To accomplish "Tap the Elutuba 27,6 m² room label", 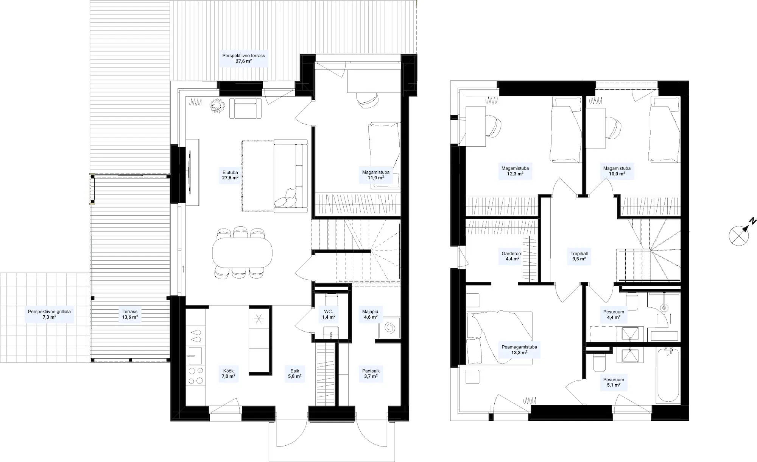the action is (x=230, y=175).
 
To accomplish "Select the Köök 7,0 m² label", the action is (x=228, y=374).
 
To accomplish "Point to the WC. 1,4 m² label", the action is (x=329, y=314).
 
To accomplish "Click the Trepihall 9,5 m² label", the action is (x=579, y=256).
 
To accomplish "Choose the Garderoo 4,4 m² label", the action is (x=511, y=256).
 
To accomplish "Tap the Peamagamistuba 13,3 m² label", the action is (x=519, y=349).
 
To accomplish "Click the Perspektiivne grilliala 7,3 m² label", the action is (x=49, y=314).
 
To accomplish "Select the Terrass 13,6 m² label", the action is (x=130, y=314).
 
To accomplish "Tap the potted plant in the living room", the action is (x=218, y=105).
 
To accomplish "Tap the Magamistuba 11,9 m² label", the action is (x=375, y=175).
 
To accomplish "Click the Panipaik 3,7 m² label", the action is (x=371, y=374).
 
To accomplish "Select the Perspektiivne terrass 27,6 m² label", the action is (x=243, y=58).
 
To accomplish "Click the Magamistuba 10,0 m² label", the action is (x=617, y=171).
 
